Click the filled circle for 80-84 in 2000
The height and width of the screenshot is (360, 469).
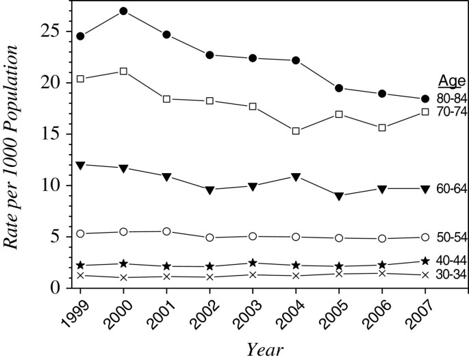(123, 11)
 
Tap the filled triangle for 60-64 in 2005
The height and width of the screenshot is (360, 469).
(339, 196)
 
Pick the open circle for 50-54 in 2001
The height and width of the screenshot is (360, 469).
(166, 231)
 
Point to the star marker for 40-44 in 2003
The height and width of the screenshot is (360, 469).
(253, 263)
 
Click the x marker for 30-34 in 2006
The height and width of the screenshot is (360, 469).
(382, 273)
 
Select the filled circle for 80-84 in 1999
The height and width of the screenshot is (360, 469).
(80, 36)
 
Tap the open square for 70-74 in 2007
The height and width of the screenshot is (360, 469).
(425, 112)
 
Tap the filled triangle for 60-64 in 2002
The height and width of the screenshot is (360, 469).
(210, 190)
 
